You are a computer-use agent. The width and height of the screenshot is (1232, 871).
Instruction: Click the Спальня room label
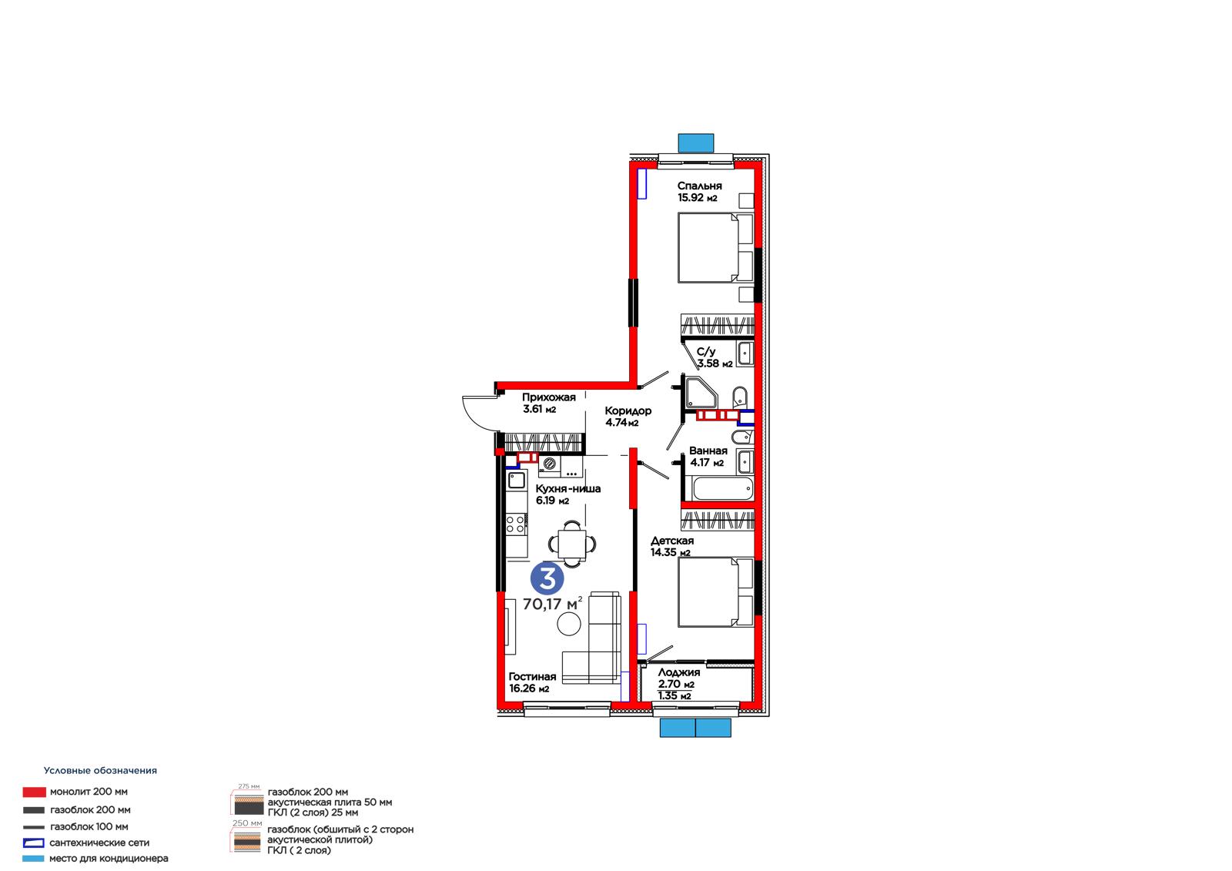[x=699, y=186]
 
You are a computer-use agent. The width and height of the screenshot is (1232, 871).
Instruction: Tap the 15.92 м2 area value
[x=698, y=198]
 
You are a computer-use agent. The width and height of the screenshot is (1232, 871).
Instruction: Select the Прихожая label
[x=548, y=397]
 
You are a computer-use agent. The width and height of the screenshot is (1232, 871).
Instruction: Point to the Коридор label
[x=628, y=410]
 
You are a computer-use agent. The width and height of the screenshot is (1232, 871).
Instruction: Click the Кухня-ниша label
[x=567, y=488]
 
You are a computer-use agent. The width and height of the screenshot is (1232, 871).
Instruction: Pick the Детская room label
[x=672, y=541]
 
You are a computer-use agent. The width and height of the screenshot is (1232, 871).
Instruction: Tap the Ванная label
[x=708, y=451]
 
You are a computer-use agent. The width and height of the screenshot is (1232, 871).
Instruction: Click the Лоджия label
[x=678, y=672]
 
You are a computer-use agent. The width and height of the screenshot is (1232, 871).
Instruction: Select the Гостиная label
[x=532, y=677]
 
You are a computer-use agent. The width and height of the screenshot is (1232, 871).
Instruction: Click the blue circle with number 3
[x=547, y=578]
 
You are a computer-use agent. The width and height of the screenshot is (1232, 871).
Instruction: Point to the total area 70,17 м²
[x=552, y=604]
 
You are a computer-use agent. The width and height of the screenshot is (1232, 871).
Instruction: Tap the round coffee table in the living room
[x=569, y=624]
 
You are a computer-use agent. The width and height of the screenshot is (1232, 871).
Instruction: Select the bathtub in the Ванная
[x=723, y=488]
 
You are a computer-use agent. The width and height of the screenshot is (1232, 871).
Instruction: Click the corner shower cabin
[x=701, y=393]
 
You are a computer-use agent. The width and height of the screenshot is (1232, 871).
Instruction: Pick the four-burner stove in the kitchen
[x=516, y=524]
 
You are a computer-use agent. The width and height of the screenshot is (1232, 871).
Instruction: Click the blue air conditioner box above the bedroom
[x=696, y=143]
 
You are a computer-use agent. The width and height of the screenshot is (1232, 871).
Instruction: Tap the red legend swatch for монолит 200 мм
[x=34, y=792]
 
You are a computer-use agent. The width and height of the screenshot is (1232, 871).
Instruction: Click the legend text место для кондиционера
[x=109, y=859]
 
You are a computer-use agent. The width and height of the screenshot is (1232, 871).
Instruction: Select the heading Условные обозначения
[x=100, y=770]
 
